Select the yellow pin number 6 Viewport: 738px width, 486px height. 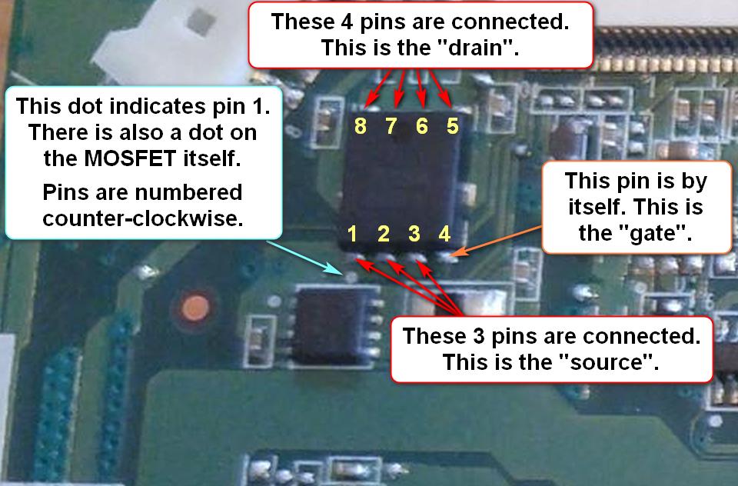(x=421, y=126)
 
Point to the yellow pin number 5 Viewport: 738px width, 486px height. (x=452, y=126)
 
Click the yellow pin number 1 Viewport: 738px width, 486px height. (x=353, y=234)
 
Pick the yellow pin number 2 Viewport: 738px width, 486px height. (x=384, y=234)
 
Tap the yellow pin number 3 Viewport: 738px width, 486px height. (x=414, y=234)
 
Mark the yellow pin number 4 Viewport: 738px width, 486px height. (x=444, y=234)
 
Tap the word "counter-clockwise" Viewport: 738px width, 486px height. (x=143, y=218)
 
